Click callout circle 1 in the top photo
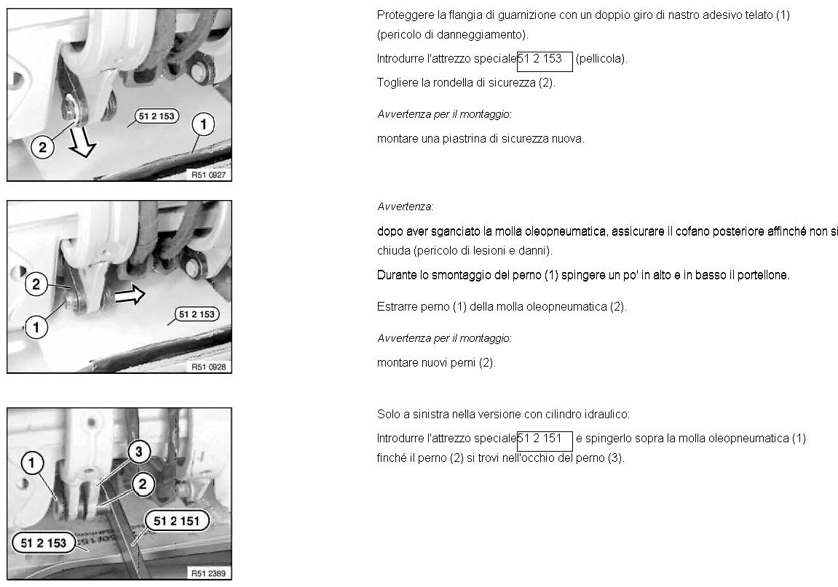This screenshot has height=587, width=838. click(x=203, y=124)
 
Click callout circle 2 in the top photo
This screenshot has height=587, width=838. click(x=42, y=146)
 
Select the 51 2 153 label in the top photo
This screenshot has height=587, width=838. click(x=157, y=116)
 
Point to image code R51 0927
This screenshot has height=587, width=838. click(x=208, y=175)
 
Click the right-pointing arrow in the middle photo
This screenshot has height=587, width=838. click(x=130, y=295)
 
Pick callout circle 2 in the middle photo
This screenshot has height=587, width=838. click(x=36, y=284)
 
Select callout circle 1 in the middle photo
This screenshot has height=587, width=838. click(x=36, y=327)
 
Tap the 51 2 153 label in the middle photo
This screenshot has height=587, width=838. click(x=197, y=314)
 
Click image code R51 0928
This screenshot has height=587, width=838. click(x=208, y=367)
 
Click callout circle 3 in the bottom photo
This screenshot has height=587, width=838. click(x=139, y=452)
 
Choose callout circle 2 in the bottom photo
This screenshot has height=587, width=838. click(x=142, y=484)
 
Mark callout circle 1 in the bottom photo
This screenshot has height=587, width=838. click(x=32, y=463)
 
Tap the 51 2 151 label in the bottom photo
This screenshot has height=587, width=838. click(x=177, y=521)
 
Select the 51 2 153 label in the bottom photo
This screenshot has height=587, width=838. click(x=43, y=543)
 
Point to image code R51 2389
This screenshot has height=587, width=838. click(x=208, y=573)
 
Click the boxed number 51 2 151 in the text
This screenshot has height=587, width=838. click(x=545, y=442)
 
